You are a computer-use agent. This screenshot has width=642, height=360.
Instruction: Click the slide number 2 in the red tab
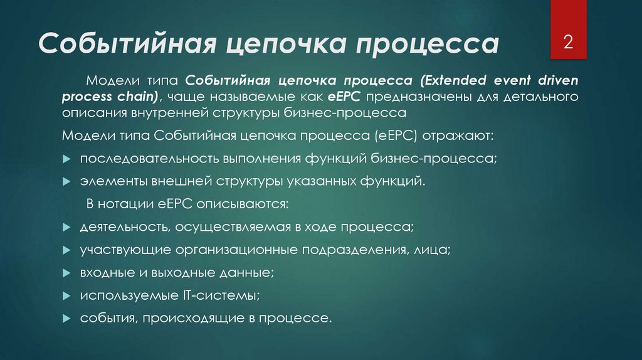(x=569, y=43)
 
